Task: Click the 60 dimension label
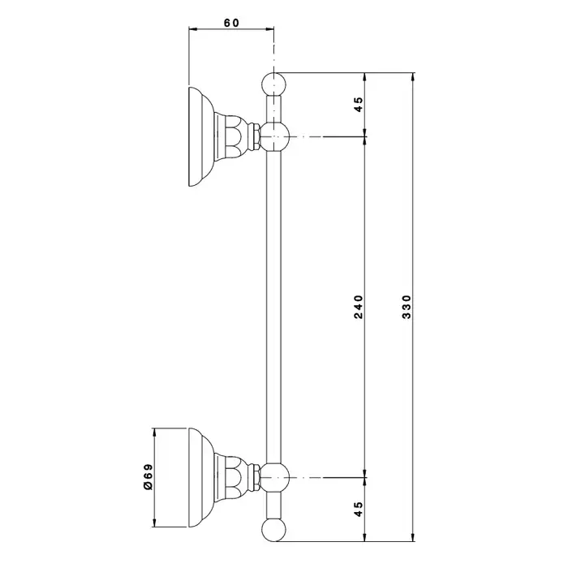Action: pos(230,24)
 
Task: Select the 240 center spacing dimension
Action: pos(358,307)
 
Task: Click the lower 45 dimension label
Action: pos(358,510)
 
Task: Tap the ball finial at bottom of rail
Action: pos(276,530)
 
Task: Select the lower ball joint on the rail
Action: pos(276,475)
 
